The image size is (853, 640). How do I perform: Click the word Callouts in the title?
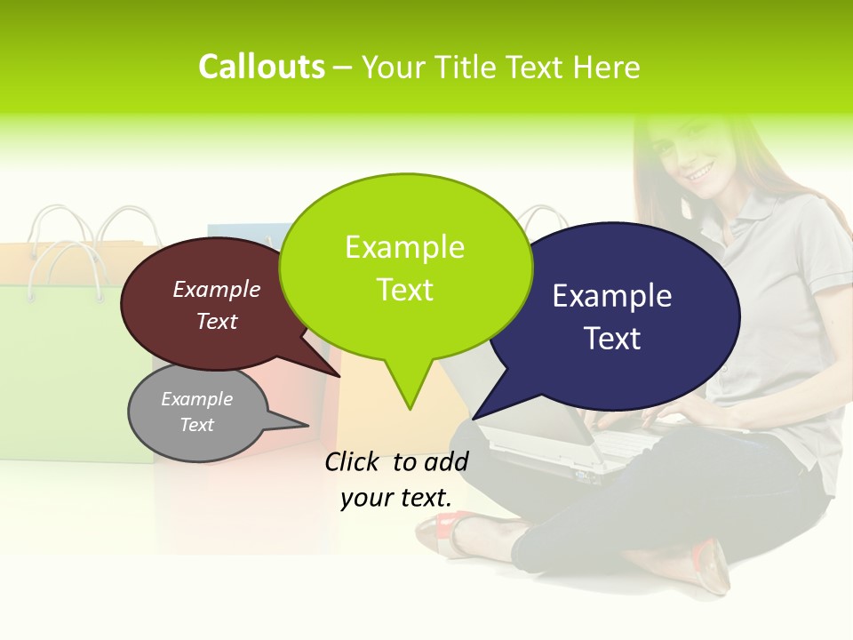(261, 67)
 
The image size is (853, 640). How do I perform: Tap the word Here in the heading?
(607, 67)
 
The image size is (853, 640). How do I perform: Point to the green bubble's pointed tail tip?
(410, 409)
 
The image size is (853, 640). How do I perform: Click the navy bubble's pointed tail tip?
(474, 419)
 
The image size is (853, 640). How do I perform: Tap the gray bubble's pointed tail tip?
(307, 425)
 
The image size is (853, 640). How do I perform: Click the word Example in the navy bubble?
(611, 296)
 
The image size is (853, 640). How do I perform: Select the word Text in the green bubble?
(405, 290)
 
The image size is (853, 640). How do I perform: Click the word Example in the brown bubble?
(217, 290)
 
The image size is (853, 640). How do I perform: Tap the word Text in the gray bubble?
(197, 425)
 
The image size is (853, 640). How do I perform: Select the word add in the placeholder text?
(446, 461)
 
